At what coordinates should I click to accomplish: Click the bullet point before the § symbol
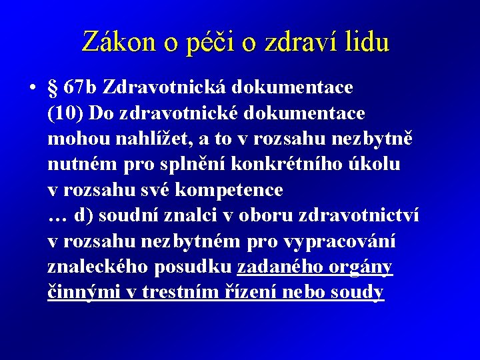click(x=31, y=87)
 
